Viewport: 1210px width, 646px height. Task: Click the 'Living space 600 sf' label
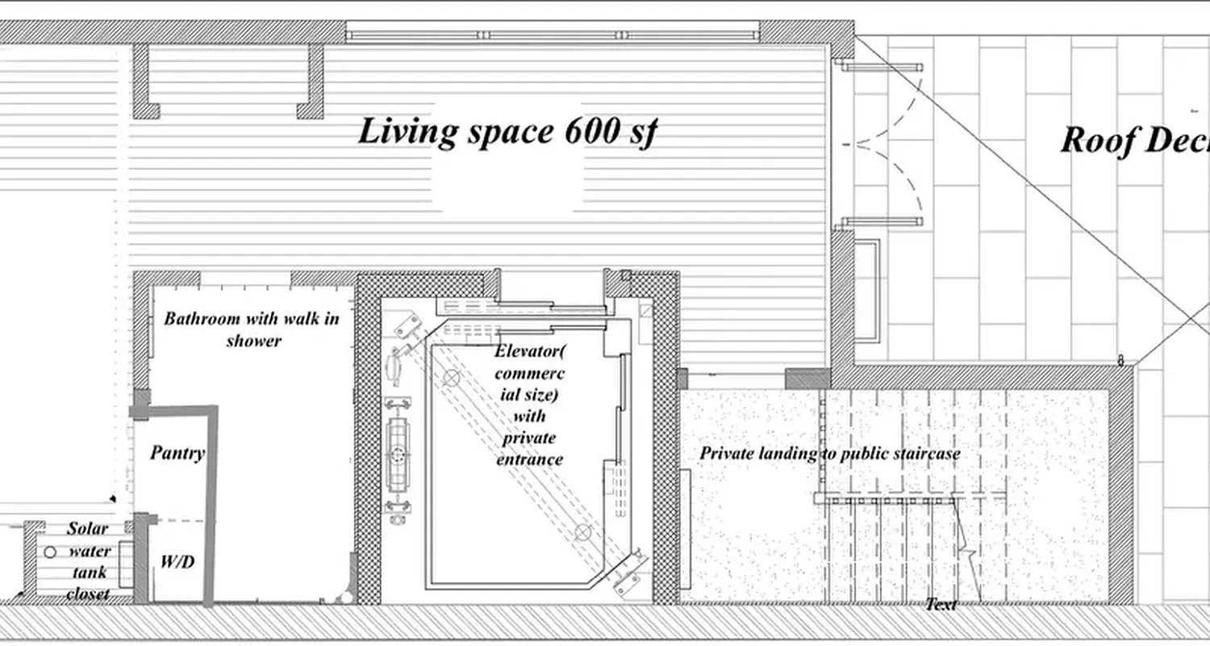[x=507, y=132]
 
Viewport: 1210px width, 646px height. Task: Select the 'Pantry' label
[x=177, y=453]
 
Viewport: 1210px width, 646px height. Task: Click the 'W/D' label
[x=177, y=561]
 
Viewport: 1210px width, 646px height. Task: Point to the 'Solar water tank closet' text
[x=88, y=561]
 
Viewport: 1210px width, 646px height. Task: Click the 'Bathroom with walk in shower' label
[x=252, y=329]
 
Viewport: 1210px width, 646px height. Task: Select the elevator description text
[x=529, y=405]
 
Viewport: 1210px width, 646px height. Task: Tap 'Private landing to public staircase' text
[x=829, y=454]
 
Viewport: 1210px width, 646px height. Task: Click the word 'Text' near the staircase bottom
[x=941, y=604]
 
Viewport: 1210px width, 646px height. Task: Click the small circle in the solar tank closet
[x=50, y=552]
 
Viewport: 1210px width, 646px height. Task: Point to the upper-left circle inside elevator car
[x=452, y=376]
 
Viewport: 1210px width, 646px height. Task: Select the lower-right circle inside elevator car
[x=582, y=531]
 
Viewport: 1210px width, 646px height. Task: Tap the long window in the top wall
[x=553, y=35]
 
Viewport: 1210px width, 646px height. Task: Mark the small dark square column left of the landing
[x=682, y=379]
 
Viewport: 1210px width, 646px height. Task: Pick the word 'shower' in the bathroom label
[x=253, y=340]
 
